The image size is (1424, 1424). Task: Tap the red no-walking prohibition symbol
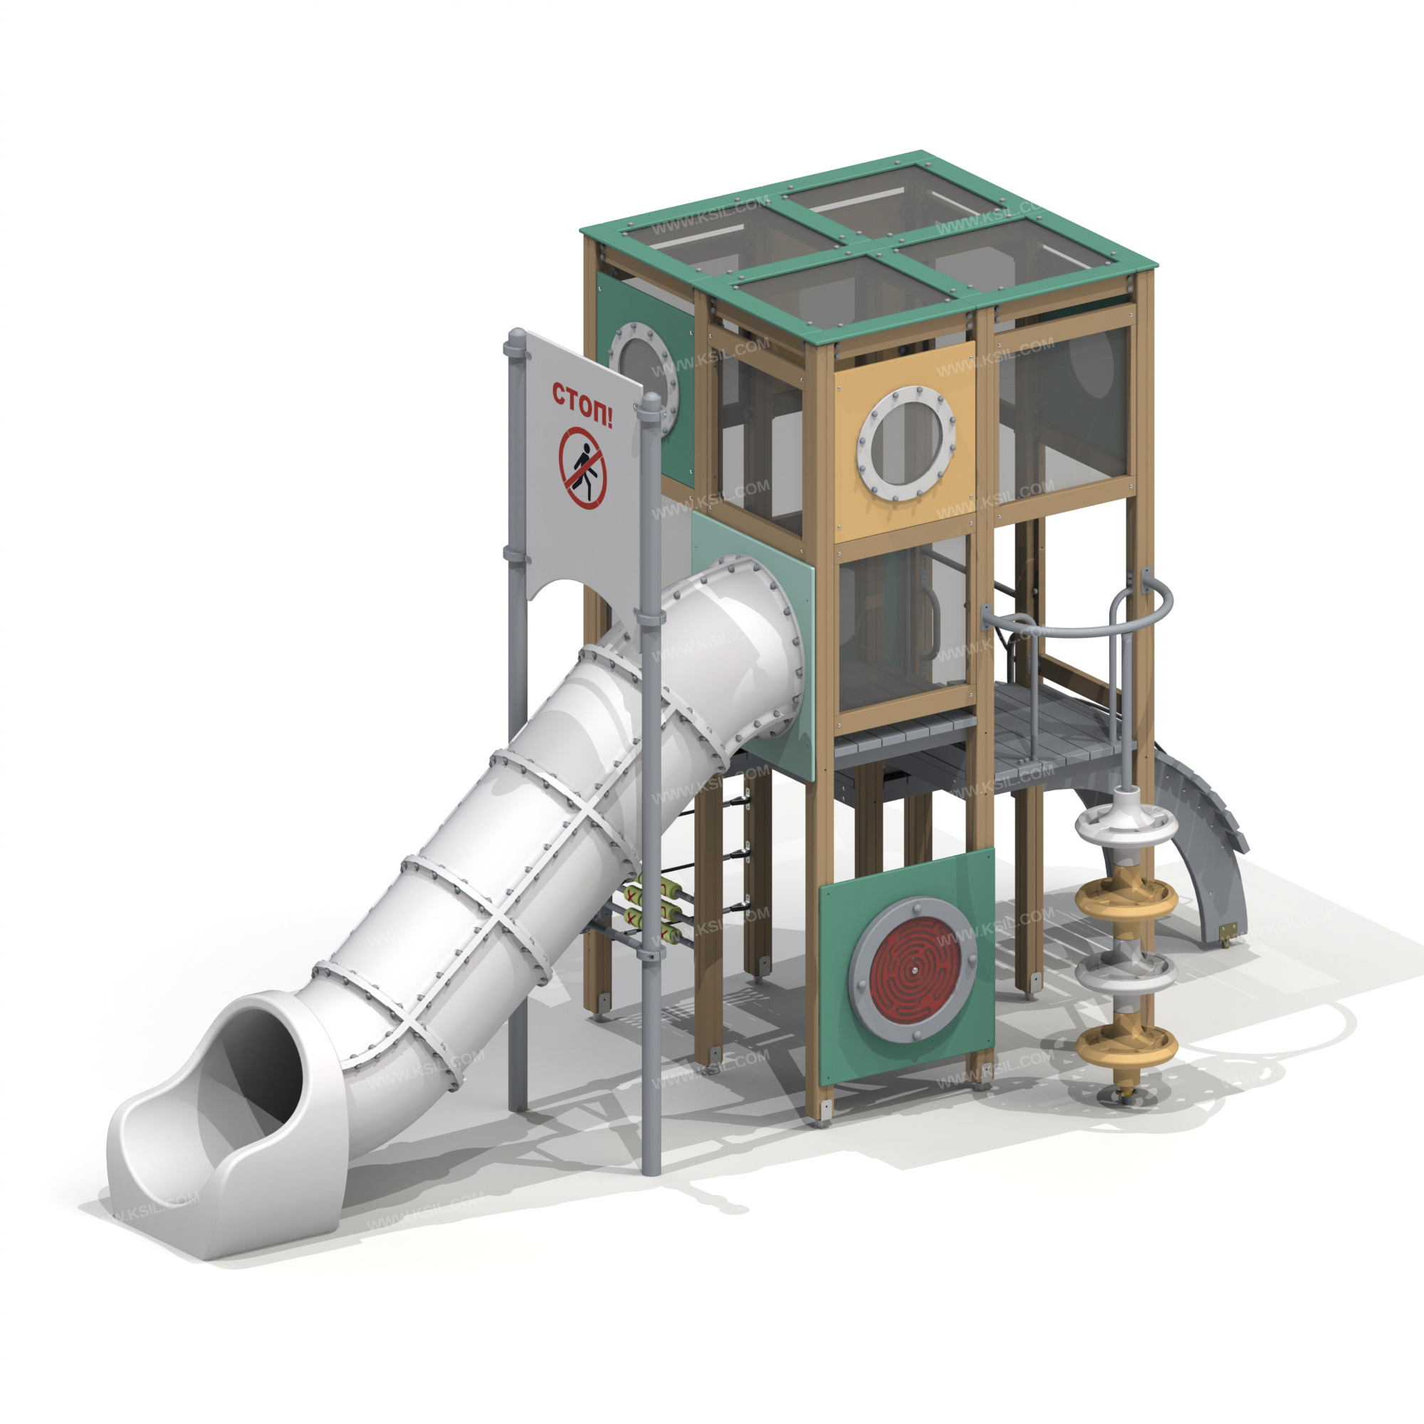pyautogui.click(x=582, y=468)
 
